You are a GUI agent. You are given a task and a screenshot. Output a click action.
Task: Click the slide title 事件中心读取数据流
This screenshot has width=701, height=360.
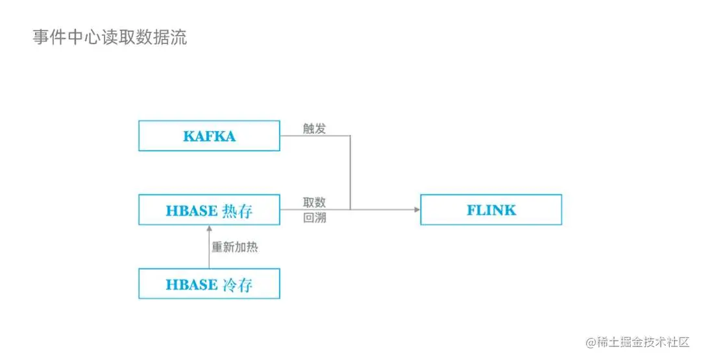[110, 38]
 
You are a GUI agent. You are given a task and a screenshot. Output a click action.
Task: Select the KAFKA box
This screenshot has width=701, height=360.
[209, 136]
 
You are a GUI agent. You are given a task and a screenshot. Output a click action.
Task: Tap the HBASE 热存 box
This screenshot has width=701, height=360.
[209, 210]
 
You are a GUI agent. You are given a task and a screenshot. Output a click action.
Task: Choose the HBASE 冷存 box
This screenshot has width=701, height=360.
[209, 284]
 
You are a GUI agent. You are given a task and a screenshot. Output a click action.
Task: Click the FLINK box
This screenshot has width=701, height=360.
[491, 210]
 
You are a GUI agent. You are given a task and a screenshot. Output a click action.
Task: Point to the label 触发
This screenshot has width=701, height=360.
[314, 128]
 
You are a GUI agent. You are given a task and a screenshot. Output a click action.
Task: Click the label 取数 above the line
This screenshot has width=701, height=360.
[314, 202]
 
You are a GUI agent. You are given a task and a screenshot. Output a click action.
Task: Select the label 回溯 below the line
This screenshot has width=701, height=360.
[314, 218]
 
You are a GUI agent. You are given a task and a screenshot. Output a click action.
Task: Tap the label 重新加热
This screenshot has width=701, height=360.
[235, 247]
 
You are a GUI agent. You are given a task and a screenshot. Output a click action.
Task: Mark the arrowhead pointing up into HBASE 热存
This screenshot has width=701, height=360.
[209, 229]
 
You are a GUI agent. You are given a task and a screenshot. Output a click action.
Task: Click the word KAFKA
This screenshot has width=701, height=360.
[209, 136]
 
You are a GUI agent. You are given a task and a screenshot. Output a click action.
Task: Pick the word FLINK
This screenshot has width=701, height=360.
[491, 210]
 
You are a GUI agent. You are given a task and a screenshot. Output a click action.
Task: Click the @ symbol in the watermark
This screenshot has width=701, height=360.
[591, 342]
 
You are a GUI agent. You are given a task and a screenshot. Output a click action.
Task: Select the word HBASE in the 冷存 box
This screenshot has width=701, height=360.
[191, 285]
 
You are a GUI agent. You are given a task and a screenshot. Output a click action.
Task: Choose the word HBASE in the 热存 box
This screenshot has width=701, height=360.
[191, 211]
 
